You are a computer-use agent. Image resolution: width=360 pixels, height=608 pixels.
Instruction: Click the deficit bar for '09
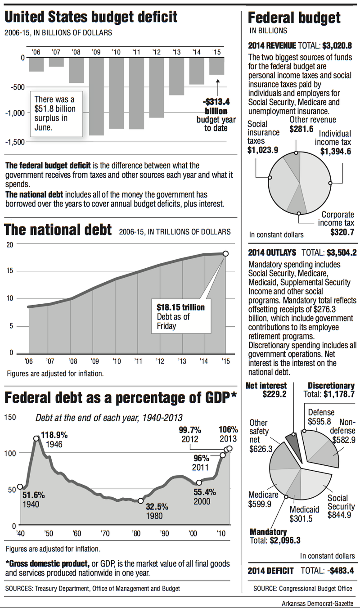pyautogui.click(x=96, y=96)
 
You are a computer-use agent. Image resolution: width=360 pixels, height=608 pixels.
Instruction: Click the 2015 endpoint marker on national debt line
pyautogui.click(x=225, y=254)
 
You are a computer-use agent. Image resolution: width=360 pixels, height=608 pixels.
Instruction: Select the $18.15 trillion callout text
pyautogui.click(x=181, y=307)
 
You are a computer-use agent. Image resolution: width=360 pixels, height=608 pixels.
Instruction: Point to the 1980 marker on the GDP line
pyautogui.click(x=141, y=500)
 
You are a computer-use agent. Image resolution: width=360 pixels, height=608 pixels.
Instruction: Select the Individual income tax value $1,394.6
pyautogui.click(x=336, y=152)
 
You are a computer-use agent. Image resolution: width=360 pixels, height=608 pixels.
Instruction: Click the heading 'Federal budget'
pyautogui.click(x=294, y=18)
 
